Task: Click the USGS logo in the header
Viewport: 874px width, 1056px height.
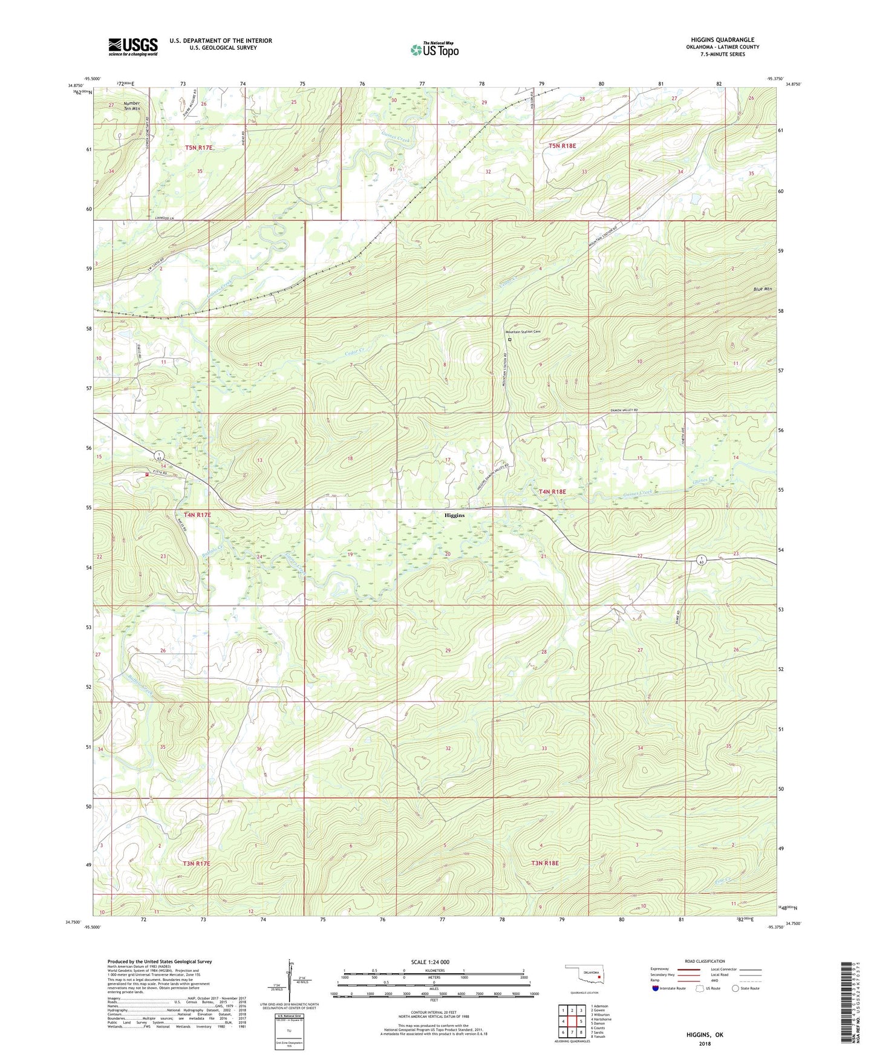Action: (x=133, y=47)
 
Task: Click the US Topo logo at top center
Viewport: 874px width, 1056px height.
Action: (x=434, y=50)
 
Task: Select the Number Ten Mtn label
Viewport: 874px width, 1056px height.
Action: (x=131, y=106)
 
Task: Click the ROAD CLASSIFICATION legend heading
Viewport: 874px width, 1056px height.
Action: (x=705, y=961)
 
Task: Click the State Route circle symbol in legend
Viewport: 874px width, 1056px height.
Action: (x=735, y=988)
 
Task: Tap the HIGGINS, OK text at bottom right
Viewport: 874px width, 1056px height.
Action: (x=704, y=1035)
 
